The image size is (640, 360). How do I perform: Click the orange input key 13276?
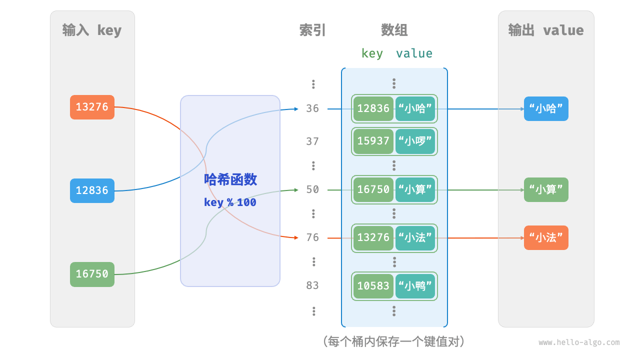[x=92, y=107]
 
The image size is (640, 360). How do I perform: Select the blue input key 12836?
[x=92, y=190]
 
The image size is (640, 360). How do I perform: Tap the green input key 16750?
[x=92, y=274]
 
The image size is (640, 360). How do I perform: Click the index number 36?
[x=312, y=108]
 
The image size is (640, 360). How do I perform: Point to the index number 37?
[x=312, y=141]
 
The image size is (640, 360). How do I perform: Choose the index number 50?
[x=312, y=189]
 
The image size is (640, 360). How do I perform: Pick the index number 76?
[x=312, y=237]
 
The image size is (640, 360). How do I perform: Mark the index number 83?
[x=312, y=285]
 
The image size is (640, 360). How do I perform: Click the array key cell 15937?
[x=373, y=141]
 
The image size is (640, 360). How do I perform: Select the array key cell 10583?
[x=373, y=286]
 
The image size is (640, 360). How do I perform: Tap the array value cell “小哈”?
[x=415, y=108]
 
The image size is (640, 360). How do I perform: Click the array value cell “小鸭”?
[x=415, y=286]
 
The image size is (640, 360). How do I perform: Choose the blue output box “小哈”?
[x=546, y=108]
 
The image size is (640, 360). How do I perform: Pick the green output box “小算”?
[x=546, y=189]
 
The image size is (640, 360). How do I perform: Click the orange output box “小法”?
[x=546, y=237]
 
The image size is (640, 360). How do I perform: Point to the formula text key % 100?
[x=230, y=202]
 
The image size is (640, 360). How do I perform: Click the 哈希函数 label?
[x=230, y=179]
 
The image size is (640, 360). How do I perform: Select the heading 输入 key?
[x=92, y=30]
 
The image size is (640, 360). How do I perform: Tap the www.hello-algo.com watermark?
[x=579, y=342]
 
